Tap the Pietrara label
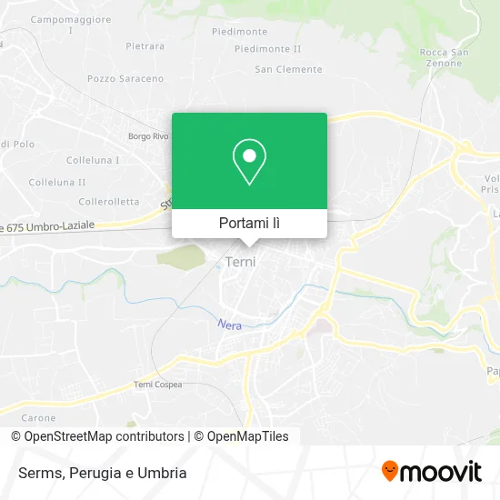[145, 45]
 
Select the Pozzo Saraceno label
[121, 79]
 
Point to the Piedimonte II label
[267, 48]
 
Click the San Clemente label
[288, 69]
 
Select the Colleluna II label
[56, 182]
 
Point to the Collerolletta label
[108, 201]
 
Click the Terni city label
[240, 262]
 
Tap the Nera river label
[229, 324]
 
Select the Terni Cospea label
[157, 385]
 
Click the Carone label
[38, 418]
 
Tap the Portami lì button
[249, 223]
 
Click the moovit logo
[431, 471]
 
